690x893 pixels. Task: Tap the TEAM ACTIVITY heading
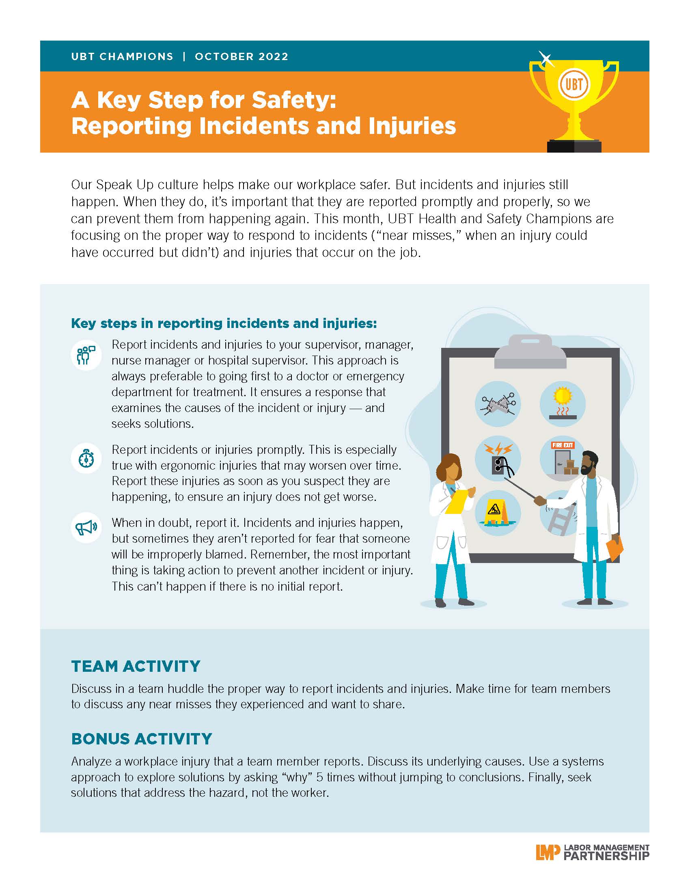pos(136,666)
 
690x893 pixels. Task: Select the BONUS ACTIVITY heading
pos(141,739)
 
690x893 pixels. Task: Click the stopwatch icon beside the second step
pos(86,458)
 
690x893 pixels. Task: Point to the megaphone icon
pos(86,527)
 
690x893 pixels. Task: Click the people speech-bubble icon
pos(86,355)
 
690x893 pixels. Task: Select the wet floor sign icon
pos(498,513)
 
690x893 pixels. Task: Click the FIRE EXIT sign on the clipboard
pos(563,445)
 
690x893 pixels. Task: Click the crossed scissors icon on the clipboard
pos(498,404)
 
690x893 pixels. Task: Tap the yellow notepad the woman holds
pos(457,501)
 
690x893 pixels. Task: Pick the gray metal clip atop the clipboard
pos(530,352)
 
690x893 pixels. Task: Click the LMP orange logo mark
pos(548,852)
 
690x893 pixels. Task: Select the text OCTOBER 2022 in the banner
pos(241,56)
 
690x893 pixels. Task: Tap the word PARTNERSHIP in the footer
pos(606,856)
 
